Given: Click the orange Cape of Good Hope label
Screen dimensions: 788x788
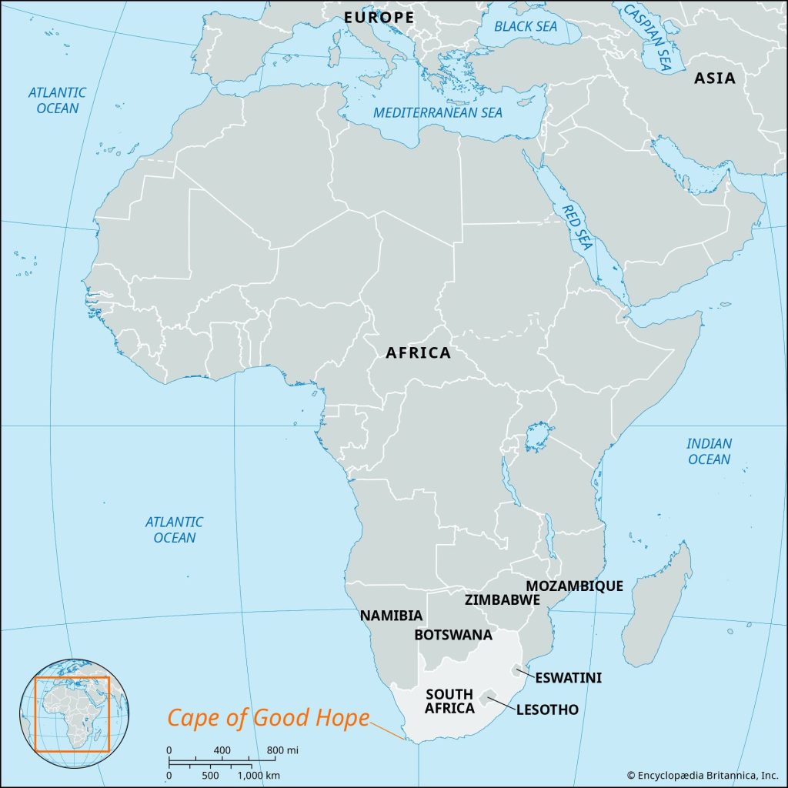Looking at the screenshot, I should click(x=269, y=718).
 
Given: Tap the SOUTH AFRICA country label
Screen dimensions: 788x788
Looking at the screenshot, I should click(x=449, y=701).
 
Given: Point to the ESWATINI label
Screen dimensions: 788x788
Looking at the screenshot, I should click(x=569, y=677).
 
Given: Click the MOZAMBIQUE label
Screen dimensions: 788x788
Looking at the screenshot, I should click(x=574, y=586).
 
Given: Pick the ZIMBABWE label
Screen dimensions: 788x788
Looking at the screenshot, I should click(x=502, y=600).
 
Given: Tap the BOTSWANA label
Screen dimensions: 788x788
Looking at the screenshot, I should click(x=453, y=635).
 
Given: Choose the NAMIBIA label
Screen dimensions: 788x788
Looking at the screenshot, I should click(x=391, y=616).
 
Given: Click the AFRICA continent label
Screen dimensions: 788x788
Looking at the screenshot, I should click(x=418, y=353).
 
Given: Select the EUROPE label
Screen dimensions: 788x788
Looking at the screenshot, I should click(x=379, y=17).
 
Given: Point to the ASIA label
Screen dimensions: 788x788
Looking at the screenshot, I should click(x=715, y=78).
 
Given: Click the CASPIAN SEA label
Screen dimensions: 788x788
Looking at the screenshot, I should click(x=647, y=35).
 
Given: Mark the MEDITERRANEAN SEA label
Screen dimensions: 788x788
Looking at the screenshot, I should click(x=438, y=113).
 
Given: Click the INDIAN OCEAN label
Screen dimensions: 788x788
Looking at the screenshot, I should click(x=709, y=451).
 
